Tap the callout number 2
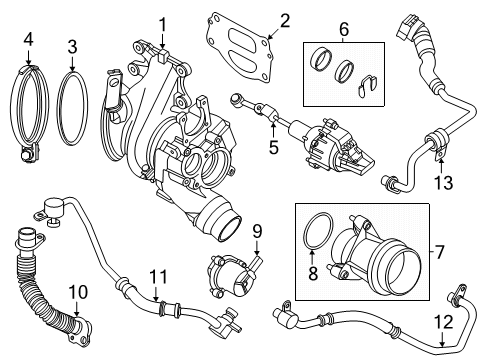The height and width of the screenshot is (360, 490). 257,19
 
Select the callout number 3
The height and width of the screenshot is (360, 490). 72,46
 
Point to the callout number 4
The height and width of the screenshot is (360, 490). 28,40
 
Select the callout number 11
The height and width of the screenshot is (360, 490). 155,274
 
